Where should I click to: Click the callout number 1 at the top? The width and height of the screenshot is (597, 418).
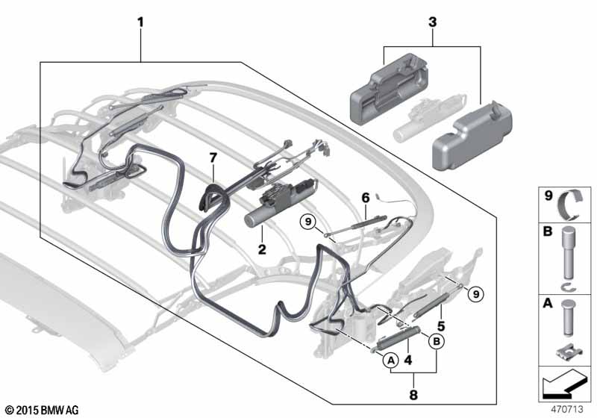(x=140, y=22)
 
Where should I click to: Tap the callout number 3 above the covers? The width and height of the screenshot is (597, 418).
(x=431, y=22)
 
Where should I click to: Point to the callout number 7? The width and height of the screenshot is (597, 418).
(x=213, y=157)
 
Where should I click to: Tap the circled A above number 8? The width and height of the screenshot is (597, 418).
(x=390, y=361)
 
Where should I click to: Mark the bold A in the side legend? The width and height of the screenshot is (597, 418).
(x=546, y=305)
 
